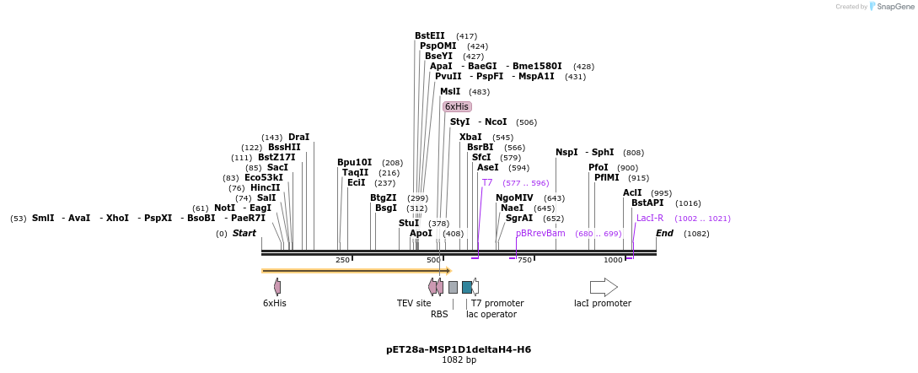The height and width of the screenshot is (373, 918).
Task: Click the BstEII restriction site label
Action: coord(429,35)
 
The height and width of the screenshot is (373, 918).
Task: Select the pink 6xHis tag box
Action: coord(457,106)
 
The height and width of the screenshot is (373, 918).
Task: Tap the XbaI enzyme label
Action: coord(470,137)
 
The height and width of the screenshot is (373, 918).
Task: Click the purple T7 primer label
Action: coord(487,182)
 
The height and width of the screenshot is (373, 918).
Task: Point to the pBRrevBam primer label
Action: coord(540,233)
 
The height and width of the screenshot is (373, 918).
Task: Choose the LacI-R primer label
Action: coord(650,218)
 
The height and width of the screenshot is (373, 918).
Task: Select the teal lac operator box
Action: coord(467,287)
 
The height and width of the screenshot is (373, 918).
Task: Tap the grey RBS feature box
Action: coord(453,287)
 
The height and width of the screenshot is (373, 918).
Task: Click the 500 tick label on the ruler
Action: coord(433,260)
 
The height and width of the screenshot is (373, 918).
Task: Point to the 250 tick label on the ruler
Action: coord(342,260)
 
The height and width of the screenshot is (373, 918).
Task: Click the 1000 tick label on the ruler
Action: coord(613,260)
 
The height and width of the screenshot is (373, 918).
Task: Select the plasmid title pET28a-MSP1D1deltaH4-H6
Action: coord(459,349)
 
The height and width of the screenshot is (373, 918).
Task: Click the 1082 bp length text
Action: coord(459,360)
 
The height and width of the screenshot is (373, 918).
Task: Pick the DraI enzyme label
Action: coord(298,137)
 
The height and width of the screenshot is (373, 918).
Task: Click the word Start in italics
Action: coord(244,233)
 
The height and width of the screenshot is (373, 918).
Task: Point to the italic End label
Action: coord(664,233)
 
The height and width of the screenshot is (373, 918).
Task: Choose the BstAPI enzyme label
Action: coord(647,203)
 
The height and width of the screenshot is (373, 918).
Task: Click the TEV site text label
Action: coord(414,303)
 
